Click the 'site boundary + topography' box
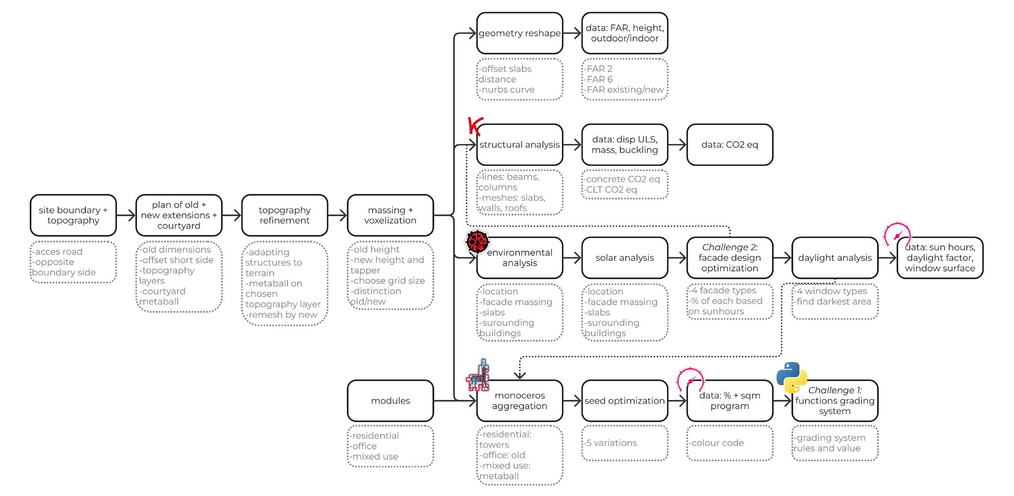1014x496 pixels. click(x=73, y=215)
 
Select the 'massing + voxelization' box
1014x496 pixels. click(x=390, y=215)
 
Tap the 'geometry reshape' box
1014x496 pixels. click(x=519, y=33)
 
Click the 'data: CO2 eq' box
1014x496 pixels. click(x=729, y=144)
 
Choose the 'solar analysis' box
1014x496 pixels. click(x=624, y=258)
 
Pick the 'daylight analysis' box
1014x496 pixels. click(x=834, y=258)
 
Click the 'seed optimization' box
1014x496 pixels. click(x=624, y=401)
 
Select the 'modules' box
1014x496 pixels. click(x=390, y=401)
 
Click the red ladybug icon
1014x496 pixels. click(x=478, y=241)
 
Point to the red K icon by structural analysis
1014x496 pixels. click(x=475, y=126)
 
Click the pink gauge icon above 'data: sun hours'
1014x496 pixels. click(x=897, y=234)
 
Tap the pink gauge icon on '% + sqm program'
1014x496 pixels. click(x=690, y=380)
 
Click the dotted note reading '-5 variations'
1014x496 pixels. click(x=624, y=443)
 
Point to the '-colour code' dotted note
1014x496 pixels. click(x=729, y=443)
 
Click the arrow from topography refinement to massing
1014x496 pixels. click(x=337, y=215)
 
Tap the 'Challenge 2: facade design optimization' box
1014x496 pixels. click(x=729, y=258)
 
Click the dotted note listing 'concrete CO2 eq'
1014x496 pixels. click(x=624, y=185)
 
